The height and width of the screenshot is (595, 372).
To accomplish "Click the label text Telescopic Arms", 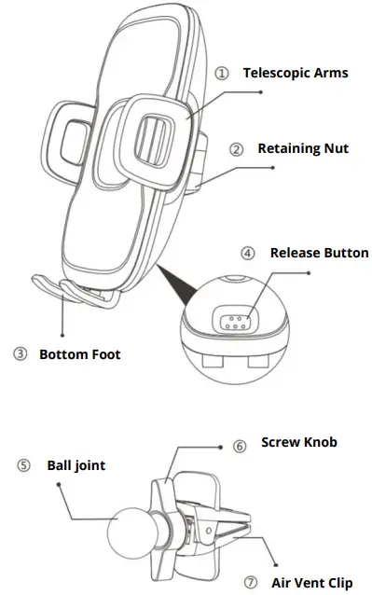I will point(296,72).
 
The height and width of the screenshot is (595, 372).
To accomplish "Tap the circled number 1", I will point(221,73).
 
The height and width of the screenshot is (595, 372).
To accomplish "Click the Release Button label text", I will point(319,253).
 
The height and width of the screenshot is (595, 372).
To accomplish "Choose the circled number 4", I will point(247,253).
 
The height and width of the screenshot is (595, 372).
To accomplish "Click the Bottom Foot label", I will point(79,354).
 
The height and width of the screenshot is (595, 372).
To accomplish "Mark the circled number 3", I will point(20,354).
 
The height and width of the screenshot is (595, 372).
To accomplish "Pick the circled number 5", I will point(22,464).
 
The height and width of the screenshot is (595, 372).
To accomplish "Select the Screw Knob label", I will point(298,442).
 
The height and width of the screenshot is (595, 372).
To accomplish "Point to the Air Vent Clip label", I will point(311,582).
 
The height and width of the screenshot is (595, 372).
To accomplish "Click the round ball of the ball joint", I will point(133,534).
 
